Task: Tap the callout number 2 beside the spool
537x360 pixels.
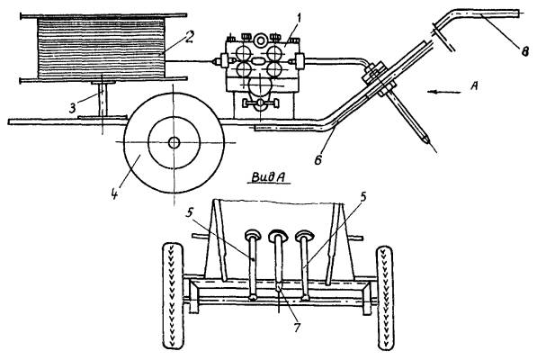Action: point(189,37)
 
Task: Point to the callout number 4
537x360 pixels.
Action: point(115,193)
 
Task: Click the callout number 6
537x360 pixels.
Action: point(318,159)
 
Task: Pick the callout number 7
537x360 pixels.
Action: point(297,327)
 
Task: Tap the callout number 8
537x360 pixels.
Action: point(525,51)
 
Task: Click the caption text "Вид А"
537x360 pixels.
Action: point(269,177)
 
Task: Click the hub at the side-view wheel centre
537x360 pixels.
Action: point(174,142)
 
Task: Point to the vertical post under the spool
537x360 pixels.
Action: point(103,100)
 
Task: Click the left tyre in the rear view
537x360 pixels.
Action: point(173,295)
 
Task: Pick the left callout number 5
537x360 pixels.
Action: point(189,213)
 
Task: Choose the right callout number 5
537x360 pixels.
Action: point(363,197)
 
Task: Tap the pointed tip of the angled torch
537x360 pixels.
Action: point(427,142)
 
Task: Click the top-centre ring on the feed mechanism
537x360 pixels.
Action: point(261,40)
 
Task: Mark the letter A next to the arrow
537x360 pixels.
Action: point(474,85)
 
